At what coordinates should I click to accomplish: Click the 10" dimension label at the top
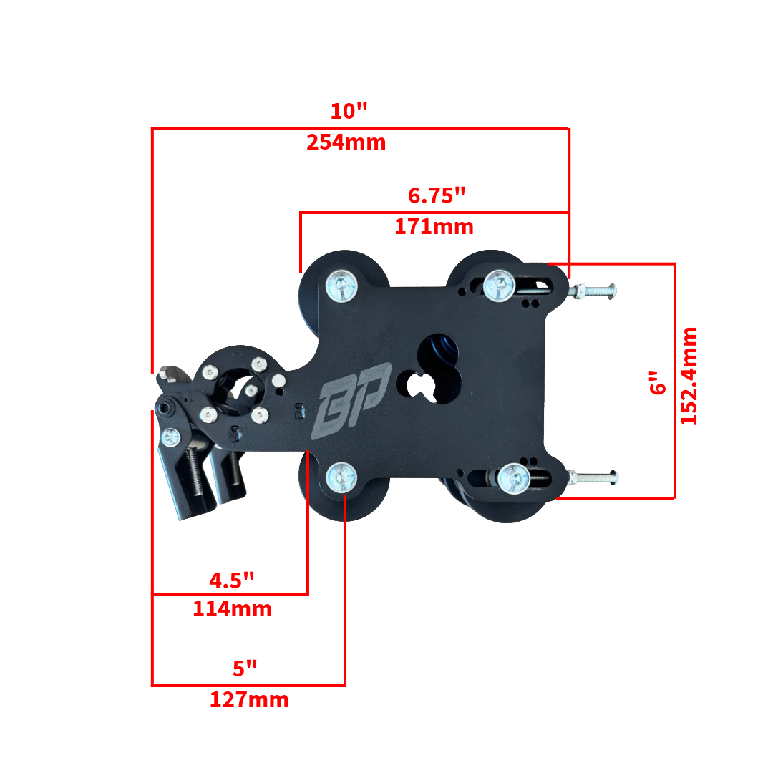(x=349, y=112)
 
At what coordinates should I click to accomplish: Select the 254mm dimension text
(x=346, y=142)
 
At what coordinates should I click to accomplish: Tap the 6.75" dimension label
(x=437, y=195)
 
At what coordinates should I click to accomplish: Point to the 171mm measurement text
(x=434, y=227)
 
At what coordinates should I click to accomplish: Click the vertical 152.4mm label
(x=689, y=376)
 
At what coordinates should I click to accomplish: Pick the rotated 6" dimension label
(x=657, y=382)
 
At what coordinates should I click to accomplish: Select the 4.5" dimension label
(x=232, y=580)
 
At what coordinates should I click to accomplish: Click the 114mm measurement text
(x=232, y=609)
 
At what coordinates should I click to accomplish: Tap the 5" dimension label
(x=245, y=669)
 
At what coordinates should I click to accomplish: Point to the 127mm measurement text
(x=249, y=700)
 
